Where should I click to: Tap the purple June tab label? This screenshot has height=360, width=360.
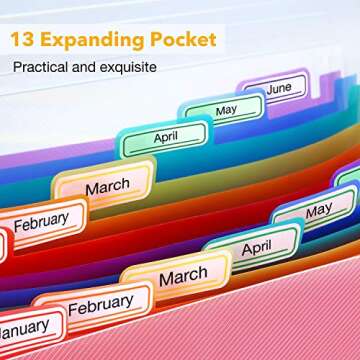[x=279, y=88]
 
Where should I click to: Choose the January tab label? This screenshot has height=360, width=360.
[x=22, y=327]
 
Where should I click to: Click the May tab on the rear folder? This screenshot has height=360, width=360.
[x=226, y=110]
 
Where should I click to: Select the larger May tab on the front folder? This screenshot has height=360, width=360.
[x=319, y=211]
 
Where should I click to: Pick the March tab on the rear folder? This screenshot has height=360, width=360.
[x=106, y=187]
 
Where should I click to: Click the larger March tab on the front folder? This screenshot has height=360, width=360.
[x=183, y=274]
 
